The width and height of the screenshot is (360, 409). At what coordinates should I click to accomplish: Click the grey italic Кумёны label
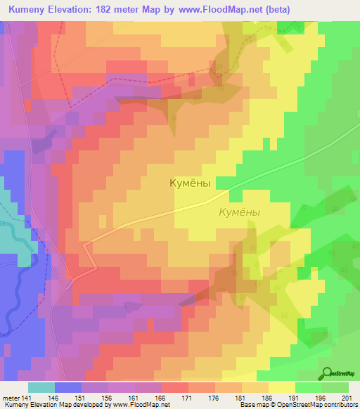click(239, 212)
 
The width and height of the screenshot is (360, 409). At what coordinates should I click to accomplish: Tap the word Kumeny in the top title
click(30, 9)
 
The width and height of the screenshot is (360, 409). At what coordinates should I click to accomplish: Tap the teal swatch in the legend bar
click(41, 387)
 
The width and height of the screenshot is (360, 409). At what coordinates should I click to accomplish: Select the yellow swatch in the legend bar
click(282, 387)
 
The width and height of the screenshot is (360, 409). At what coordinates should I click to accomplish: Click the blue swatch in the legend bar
click(68, 387)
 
